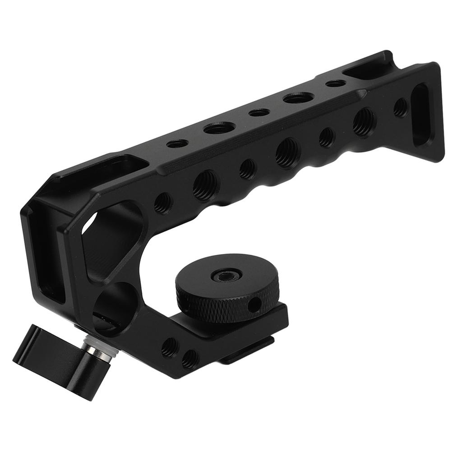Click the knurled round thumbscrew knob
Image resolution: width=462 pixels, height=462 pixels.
click(x=228, y=289)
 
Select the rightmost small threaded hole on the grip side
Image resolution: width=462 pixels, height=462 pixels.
click(x=400, y=107)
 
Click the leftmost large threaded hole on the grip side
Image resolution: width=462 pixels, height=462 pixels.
click(x=205, y=185)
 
